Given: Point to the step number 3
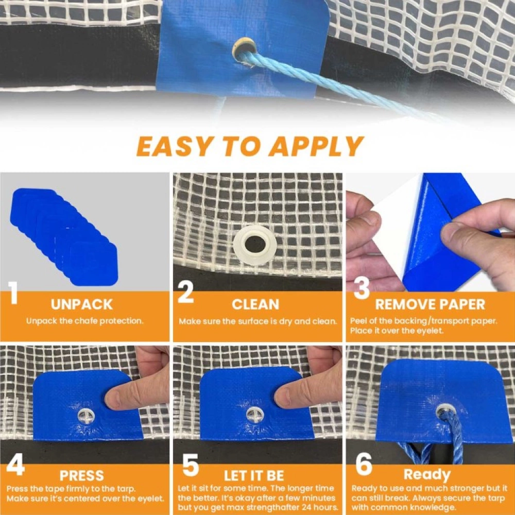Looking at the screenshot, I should [x=362, y=289].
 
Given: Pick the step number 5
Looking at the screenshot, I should [x=190, y=466].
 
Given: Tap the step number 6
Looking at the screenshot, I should [x=364, y=465].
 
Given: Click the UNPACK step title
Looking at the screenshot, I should [x=81, y=304].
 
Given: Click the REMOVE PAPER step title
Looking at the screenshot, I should [x=430, y=304].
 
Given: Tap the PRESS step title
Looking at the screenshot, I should [x=81, y=475].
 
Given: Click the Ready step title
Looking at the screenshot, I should [x=427, y=474].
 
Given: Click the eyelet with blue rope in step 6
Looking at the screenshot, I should [x=445, y=412].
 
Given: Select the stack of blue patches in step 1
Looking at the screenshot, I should [x=62, y=234].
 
